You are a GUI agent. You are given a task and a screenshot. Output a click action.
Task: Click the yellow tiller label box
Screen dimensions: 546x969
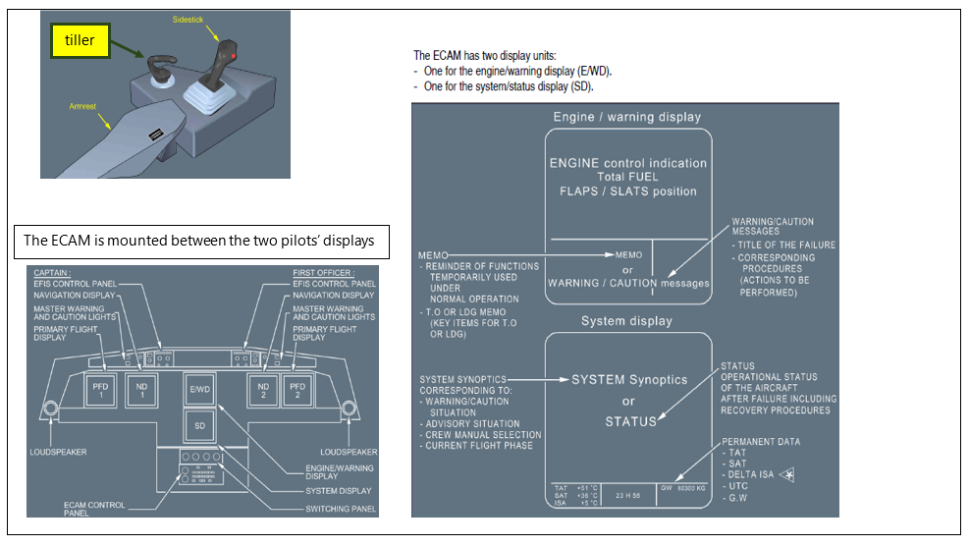coord(81,39)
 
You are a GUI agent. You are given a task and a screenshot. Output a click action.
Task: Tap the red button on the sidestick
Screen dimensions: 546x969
coord(233,58)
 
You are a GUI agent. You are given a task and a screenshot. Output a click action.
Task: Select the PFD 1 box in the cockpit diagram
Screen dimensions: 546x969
coord(101,389)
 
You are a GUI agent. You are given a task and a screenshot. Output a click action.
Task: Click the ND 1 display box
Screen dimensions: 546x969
coord(143,389)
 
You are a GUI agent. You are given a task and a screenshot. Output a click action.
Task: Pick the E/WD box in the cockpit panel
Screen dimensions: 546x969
coord(200,389)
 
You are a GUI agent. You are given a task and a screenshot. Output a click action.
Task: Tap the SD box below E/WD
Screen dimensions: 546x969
coord(200,425)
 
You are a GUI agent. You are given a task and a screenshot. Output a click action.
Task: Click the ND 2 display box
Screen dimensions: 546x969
coord(263,389)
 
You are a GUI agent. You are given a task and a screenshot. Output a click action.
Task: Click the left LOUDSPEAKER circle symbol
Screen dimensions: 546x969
coord(52,409)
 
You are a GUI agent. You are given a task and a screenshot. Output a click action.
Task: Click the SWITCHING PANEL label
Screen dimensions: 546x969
coord(340,508)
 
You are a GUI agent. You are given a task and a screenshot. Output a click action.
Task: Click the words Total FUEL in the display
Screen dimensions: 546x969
coord(627,177)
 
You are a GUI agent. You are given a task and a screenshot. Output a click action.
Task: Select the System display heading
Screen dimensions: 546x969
coord(626,320)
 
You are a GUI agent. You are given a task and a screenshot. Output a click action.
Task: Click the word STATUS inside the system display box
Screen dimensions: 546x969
coord(628,420)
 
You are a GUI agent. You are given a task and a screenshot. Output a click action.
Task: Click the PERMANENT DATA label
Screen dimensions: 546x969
coord(761,442)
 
